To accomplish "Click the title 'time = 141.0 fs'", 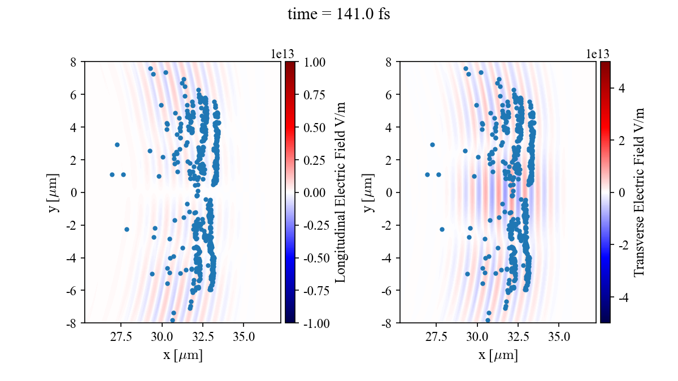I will pyautogui.click(x=338, y=14).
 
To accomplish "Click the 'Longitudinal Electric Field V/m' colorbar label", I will pyautogui.click(x=341, y=192).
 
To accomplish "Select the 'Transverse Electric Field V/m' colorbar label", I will pyautogui.click(x=639, y=192).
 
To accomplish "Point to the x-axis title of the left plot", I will pyautogui.click(x=182, y=355).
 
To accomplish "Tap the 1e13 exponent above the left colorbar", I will pyautogui.click(x=282, y=54).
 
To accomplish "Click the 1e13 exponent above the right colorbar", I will pyautogui.click(x=598, y=54).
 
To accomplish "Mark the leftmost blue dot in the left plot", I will pyautogui.click(x=112, y=174).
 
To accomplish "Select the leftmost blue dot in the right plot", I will pyautogui.click(x=427, y=174).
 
